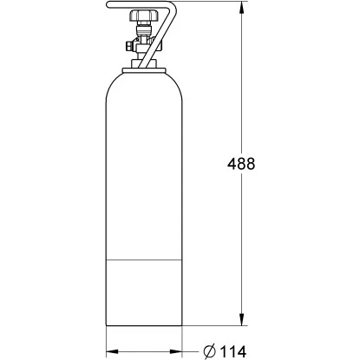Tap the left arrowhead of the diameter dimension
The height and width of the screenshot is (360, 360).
[x=111, y=350]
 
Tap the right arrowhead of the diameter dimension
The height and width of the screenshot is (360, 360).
[x=178, y=350]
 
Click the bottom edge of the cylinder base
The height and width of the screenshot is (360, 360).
[x=145, y=327]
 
